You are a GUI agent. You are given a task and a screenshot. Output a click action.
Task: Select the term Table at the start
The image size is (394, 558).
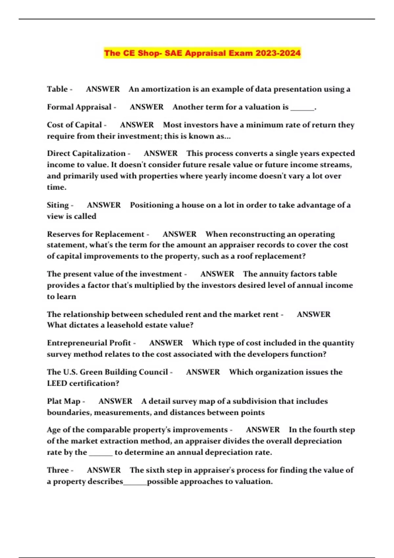[57, 89]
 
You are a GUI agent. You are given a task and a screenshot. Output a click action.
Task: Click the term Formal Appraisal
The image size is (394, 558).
[79, 107]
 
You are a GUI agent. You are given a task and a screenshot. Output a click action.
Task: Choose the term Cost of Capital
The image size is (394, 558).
[75, 125]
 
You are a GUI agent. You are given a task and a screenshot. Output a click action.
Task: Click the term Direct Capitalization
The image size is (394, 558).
[86, 153]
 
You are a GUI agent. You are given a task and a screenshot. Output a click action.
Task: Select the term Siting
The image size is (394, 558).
[58, 205]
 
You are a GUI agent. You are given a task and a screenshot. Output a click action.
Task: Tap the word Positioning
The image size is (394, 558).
[152, 205]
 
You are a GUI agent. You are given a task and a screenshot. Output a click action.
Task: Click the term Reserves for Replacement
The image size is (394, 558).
[96, 234]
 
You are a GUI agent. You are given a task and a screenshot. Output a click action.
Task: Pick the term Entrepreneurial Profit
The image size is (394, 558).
[89, 343]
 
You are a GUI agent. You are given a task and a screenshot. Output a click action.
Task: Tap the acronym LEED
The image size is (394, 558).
[57, 383]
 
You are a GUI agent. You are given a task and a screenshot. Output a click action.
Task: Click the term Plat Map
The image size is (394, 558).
[64, 401]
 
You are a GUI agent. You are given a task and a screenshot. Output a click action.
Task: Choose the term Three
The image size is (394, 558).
[58, 470]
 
